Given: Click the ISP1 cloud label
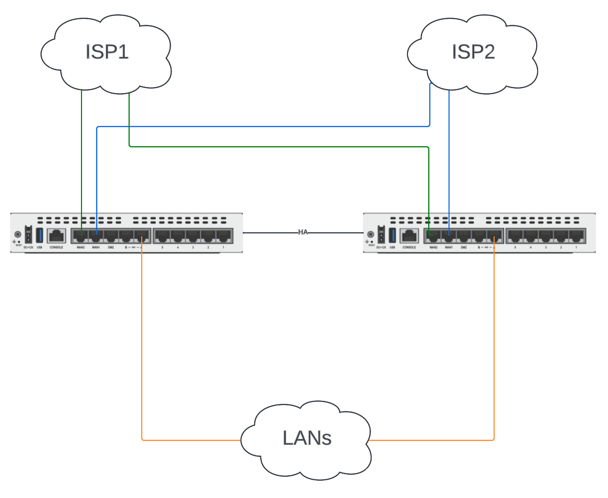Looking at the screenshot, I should (x=107, y=52).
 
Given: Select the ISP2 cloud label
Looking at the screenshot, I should (x=473, y=52).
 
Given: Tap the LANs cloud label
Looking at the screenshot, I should (x=307, y=438).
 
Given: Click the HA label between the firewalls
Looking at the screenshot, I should (x=303, y=232).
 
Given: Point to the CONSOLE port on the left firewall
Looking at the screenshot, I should (x=56, y=236).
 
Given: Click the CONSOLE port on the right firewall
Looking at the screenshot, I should (x=409, y=236).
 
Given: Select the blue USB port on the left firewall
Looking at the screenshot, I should (x=39, y=236).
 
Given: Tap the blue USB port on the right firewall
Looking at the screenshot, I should (x=392, y=236).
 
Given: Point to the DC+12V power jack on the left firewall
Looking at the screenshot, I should (x=28, y=236).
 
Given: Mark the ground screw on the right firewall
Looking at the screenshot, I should (x=371, y=235).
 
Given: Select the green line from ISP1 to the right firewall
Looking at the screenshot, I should (x=278, y=147).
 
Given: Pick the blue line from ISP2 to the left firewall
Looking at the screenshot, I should (x=263, y=127).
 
